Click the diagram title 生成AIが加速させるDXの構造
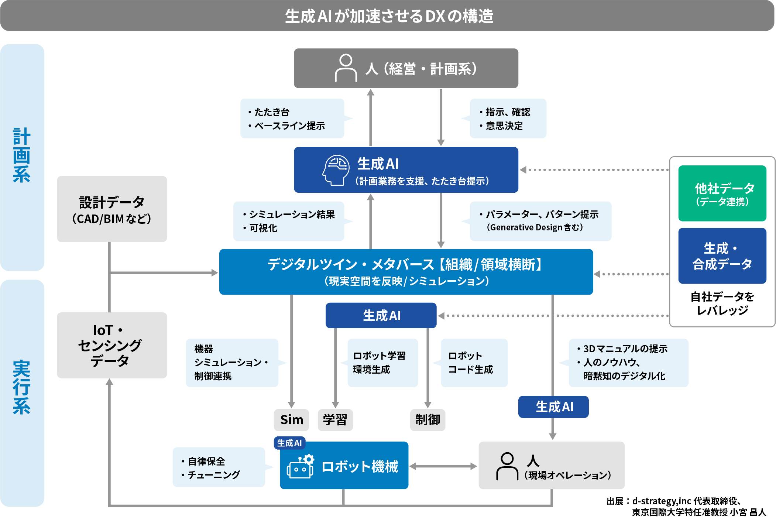point(388,16)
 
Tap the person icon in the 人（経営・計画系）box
point(346,68)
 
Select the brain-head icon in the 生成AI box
point(336,170)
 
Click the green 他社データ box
point(722,193)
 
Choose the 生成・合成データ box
point(722,256)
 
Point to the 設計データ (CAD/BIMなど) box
point(112,209)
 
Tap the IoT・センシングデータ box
point(112,345)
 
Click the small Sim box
point(291,420)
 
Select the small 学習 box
point(335,420)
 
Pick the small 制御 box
point(428,420)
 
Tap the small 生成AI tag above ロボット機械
point(289,443)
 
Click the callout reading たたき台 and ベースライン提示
point(292,119)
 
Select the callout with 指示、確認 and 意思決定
point(508,119)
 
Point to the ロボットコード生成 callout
point(474,363)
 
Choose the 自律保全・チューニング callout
point(219,467)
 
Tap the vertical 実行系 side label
point(22,388)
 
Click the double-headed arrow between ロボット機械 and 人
point(443,466)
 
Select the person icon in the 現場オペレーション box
point(507,466)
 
